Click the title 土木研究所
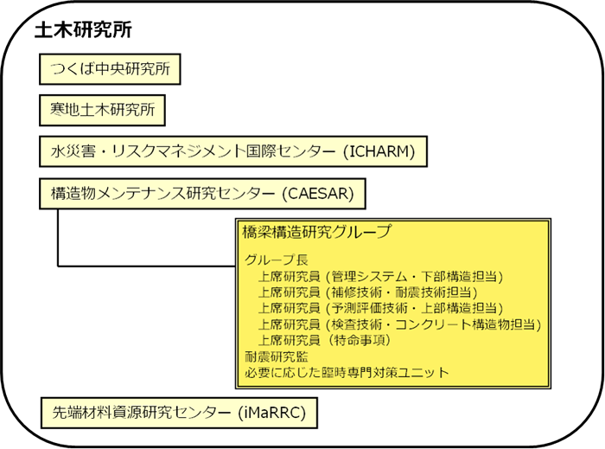coord(83,30)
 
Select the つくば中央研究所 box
coord(110,69)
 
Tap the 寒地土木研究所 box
coord(102,110)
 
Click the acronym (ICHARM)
coord(379,151)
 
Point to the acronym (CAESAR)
coord(318,194)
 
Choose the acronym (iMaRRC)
coord(271,413)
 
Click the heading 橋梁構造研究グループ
coord(317,232)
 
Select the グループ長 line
coord(277,260)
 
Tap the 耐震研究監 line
coord(277,356)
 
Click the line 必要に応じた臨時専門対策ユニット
coord(347,373)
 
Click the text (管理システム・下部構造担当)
coord(415,277)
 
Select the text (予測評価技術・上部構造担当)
coord(415,308)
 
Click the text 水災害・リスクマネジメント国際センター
coord(193,151)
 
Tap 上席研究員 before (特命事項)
coord(290,340)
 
